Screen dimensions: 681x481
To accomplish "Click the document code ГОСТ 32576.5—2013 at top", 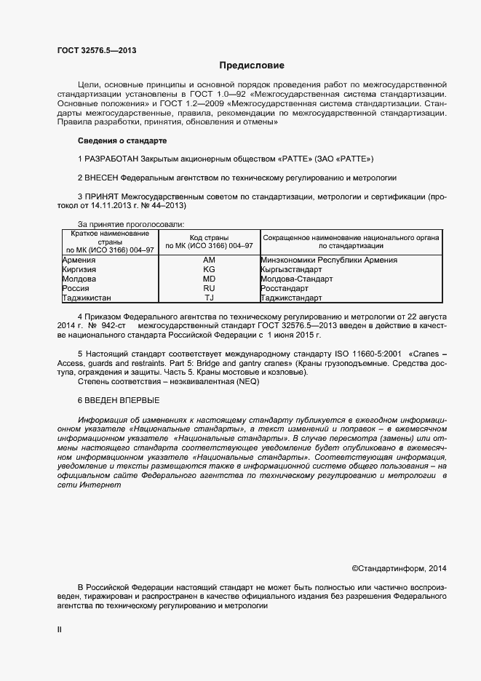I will [x=96, y=50].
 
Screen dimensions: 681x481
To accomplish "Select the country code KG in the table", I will [x=209, y=269].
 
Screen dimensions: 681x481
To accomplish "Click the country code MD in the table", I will [x=209, y=279].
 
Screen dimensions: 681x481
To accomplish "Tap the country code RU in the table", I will [x=209, y=288].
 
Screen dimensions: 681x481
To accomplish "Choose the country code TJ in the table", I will [x=209, y=298].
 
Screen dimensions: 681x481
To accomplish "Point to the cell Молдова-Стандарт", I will [x=296, y=279].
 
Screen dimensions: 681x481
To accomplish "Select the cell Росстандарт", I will [x=285, y=288].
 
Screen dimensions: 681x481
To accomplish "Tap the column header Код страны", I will [x=210, y=238].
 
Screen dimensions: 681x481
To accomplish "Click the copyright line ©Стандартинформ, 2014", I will [x=399, y=568].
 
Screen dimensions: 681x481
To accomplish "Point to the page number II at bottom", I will [x=60, y=631].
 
